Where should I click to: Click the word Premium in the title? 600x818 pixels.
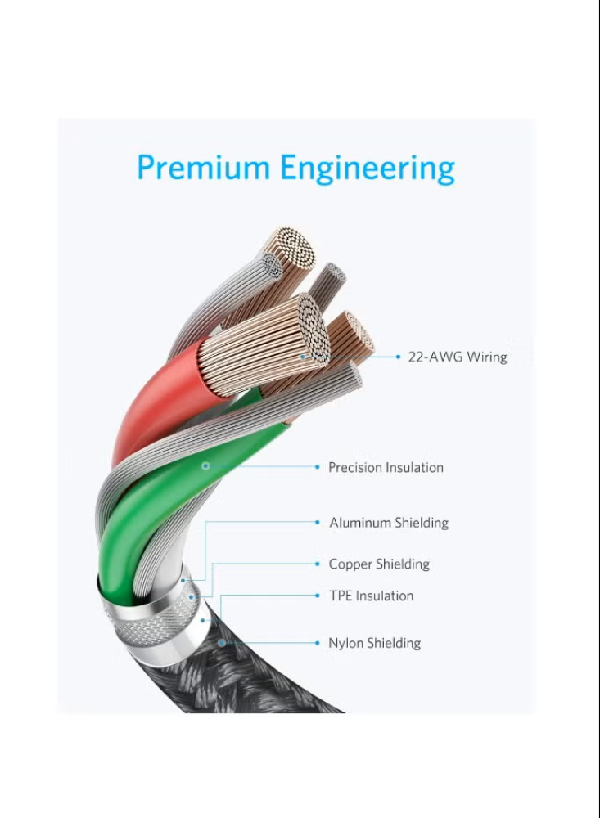[205, 168]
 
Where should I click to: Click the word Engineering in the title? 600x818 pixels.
[368, 169]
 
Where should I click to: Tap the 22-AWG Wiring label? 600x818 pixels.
[458, 357]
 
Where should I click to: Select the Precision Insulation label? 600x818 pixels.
[386, 468]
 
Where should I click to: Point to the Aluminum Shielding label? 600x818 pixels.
[389, 523]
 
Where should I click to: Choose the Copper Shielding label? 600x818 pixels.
[379, 564]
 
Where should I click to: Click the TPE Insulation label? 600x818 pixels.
[372, 596]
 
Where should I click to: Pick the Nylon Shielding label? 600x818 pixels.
[375, 644]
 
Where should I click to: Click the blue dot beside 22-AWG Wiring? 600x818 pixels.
[399, 357]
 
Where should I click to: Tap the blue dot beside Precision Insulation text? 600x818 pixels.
[318, 467]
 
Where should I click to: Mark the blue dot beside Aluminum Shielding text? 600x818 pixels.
[318, 523]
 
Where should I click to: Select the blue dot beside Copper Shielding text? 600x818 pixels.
[318, 564]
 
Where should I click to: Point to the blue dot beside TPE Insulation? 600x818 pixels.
[318, 596]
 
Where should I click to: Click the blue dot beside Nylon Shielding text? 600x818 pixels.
[318, 644]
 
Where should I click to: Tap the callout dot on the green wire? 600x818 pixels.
[206, 466]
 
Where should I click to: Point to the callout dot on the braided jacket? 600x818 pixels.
[221, 644]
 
